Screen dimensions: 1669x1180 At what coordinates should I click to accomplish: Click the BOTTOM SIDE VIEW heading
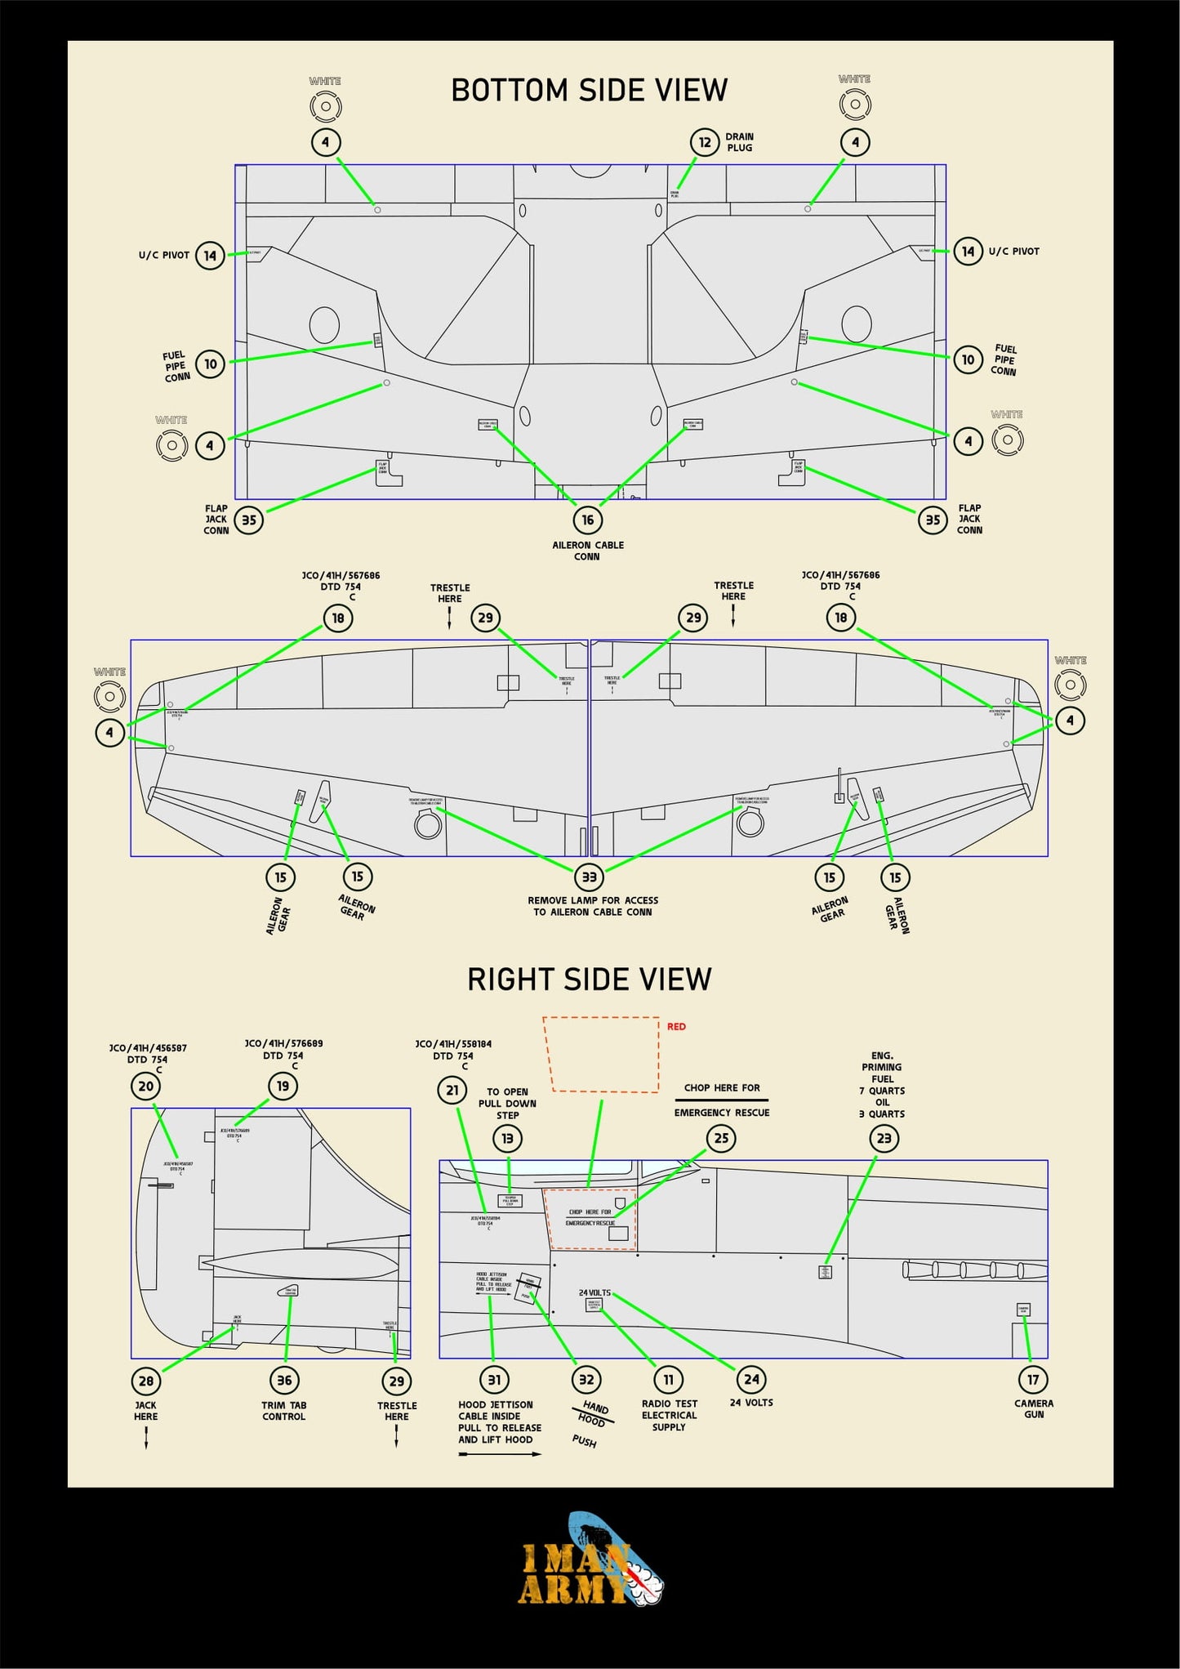coord(589,90)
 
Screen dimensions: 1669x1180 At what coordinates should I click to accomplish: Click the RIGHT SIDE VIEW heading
coord(589,979)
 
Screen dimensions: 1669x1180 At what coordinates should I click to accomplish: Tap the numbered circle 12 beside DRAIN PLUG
coord(705,142)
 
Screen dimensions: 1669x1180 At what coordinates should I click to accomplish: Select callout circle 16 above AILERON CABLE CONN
coord(587,520)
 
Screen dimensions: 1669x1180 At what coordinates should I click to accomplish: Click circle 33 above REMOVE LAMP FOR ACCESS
coord(589,877)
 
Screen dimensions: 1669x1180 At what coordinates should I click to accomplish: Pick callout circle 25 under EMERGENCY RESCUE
coord(721,1138)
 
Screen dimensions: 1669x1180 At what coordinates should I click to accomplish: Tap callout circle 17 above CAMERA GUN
coord(1033,1380)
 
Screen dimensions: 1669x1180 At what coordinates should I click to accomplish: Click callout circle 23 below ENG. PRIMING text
coord(884,1138)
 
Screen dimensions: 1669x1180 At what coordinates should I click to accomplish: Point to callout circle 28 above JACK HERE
coord(146,1381)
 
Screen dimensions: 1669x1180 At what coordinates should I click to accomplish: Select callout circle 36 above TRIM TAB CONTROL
coord(284,1380)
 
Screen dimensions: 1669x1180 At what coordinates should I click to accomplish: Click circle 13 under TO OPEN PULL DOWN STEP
coord(507,1138)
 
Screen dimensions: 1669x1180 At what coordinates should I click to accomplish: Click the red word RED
coord(676,1026)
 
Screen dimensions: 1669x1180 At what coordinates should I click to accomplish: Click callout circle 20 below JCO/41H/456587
coord(146,1087)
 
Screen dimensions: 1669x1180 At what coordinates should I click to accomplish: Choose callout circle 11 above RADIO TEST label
coord(668,1380)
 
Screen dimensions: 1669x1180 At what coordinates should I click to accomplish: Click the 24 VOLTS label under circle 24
coord(751,1402)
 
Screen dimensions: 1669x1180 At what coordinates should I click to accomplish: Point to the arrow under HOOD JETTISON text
coord(500,1454)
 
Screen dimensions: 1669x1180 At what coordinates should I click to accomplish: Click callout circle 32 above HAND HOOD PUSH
coord(586,1380)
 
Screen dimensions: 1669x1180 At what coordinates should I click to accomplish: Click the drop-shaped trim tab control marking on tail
coord(290,1291)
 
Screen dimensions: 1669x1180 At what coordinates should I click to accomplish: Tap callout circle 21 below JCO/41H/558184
coord(452,1090)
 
